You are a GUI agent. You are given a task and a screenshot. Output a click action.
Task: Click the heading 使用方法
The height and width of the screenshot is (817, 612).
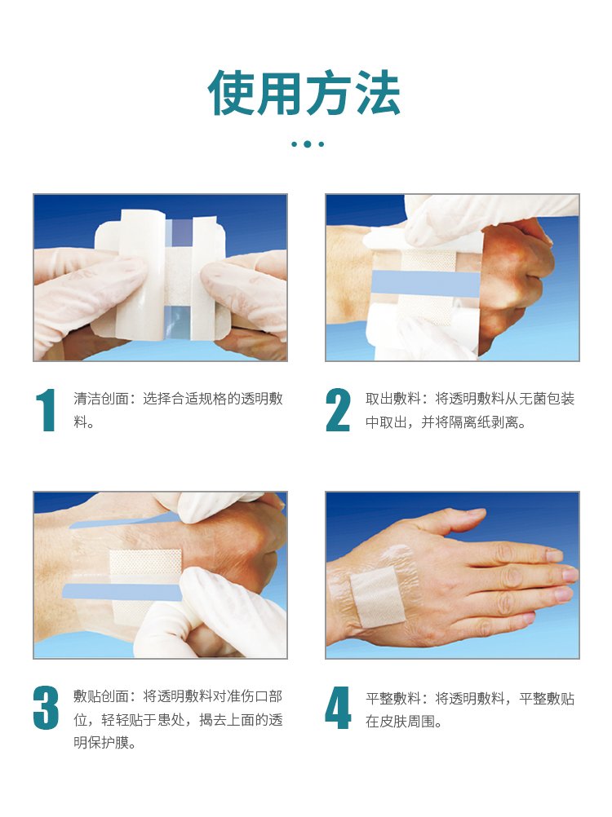pos(304,93)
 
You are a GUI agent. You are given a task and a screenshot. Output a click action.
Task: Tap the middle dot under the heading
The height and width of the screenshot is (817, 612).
pos(308,144)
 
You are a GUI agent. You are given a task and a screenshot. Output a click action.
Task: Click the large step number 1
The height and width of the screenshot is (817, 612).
pos(47,410)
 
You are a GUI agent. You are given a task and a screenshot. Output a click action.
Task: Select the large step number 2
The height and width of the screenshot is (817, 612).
pos(338,410)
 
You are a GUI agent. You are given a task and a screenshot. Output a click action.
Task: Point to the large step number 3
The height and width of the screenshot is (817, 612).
pos(46,708)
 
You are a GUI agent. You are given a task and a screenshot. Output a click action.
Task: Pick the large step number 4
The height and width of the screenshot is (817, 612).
pos(338,708)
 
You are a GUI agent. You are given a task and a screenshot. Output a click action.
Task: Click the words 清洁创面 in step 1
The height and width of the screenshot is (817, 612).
pos(101,399)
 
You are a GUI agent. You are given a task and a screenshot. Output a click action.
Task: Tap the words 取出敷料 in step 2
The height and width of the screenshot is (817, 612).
pos(393,399)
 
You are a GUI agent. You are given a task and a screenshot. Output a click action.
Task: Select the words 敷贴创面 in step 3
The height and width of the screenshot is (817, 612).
pos(101,696)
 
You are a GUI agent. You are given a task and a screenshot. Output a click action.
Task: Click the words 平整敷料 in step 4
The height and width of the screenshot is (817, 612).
pos(393,699)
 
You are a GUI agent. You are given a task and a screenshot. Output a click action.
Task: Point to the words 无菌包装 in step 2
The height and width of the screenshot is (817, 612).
pos(547,399)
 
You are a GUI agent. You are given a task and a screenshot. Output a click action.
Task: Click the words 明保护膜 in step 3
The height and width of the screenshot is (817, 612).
pos(101,743)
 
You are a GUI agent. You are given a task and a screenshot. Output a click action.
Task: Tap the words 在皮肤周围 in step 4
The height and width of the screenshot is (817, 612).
pos(400,722)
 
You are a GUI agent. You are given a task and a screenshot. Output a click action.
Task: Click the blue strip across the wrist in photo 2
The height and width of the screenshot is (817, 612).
pos(425,284)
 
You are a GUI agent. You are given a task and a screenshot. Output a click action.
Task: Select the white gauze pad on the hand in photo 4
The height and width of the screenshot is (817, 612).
pos(377,597)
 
